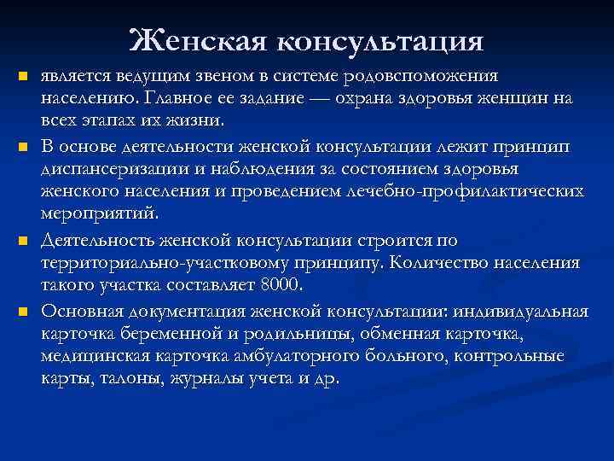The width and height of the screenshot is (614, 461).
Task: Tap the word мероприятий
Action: [x=99, y=213]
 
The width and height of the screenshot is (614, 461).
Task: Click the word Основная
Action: [x=82, y=309]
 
